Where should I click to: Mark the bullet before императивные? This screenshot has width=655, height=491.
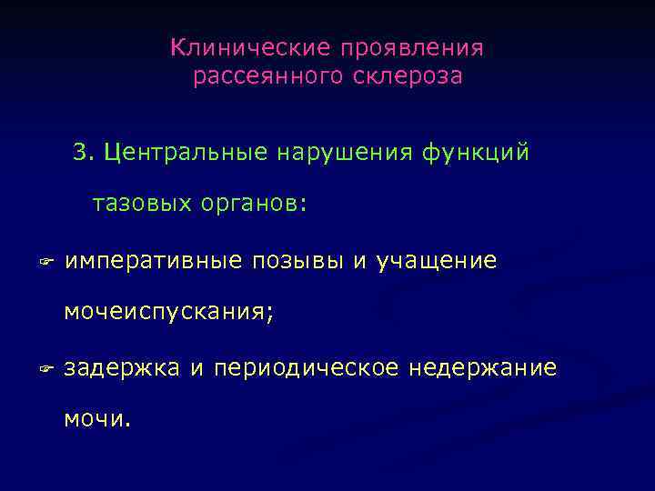pos(48,263)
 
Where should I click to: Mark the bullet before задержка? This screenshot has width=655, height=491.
pos(48,369)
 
